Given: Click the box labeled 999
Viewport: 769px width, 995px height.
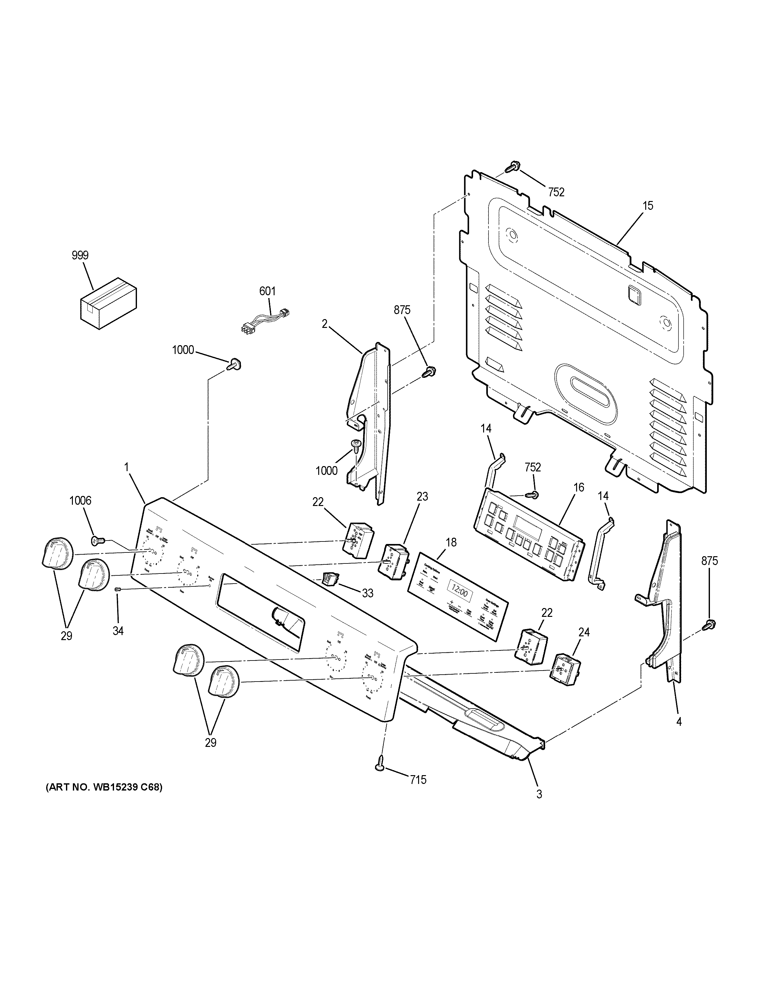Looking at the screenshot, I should [108, 303].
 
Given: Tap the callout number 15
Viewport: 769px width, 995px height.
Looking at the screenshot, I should [648, 206].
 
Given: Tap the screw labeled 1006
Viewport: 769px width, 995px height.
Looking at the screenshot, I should [96, 540].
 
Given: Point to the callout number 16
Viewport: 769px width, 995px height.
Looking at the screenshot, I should [579, 487].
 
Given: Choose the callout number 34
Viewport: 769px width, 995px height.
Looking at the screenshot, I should [118, 631].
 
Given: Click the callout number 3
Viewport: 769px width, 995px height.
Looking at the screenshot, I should [539, 794].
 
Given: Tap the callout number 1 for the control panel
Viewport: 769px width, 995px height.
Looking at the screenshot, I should [127, 467].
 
